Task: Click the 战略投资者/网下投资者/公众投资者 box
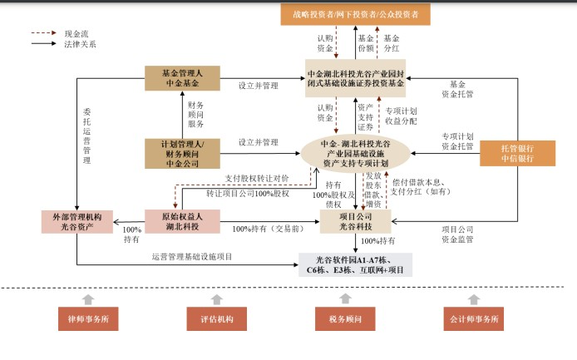[356, 14]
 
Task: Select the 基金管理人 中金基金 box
[183, 78]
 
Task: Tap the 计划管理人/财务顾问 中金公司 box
[183, 154]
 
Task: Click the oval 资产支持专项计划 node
[356, 154]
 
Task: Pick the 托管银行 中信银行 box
[517, 154]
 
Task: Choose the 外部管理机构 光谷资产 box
[77, 222]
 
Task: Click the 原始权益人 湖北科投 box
[183, 222]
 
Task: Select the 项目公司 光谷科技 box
[356, 222]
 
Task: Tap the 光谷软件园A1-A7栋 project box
[356, 265]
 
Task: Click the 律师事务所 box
[88, 318]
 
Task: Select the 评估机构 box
[217, 318]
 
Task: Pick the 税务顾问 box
[345, 318]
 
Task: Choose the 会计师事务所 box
[474, 318]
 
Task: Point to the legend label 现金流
[76, 34]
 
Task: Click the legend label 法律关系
[80, 44]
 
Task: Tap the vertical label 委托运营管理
[86, 136]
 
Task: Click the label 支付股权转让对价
[257, 179]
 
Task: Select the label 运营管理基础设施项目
[192, 257]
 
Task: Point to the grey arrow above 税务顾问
[345, 298]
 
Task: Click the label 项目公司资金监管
[457, 234]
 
